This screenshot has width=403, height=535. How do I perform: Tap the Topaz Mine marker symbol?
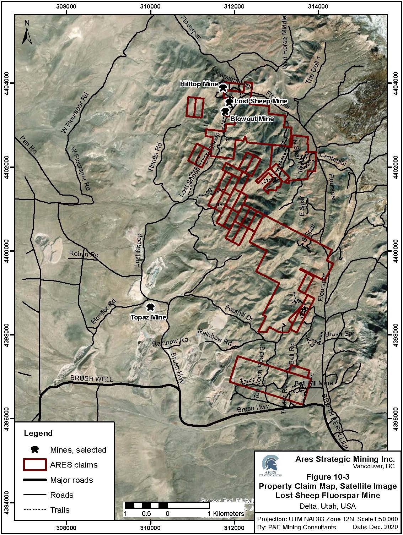[151, 307]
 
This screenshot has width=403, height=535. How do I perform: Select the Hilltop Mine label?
[199, 84]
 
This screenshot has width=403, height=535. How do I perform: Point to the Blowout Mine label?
[252, 119]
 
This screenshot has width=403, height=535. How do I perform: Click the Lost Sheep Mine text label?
[261, 102]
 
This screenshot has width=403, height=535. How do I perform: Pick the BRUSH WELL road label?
[92, 379]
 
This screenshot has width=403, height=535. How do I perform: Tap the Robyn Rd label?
[84, 255]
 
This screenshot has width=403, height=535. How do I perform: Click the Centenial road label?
[333, 159]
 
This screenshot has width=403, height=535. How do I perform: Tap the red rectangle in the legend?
[35, 465]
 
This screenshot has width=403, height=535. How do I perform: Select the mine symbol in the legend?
[35, 449]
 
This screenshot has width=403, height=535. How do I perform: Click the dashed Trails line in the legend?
[35, 510]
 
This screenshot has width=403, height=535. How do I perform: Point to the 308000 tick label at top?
[66, 6]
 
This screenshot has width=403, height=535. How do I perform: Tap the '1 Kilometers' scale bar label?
[226, 514]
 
